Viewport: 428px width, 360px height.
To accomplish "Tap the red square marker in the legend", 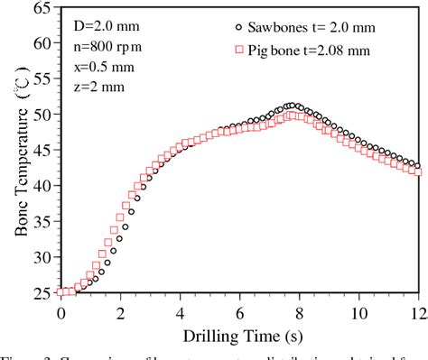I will [237, 48].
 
